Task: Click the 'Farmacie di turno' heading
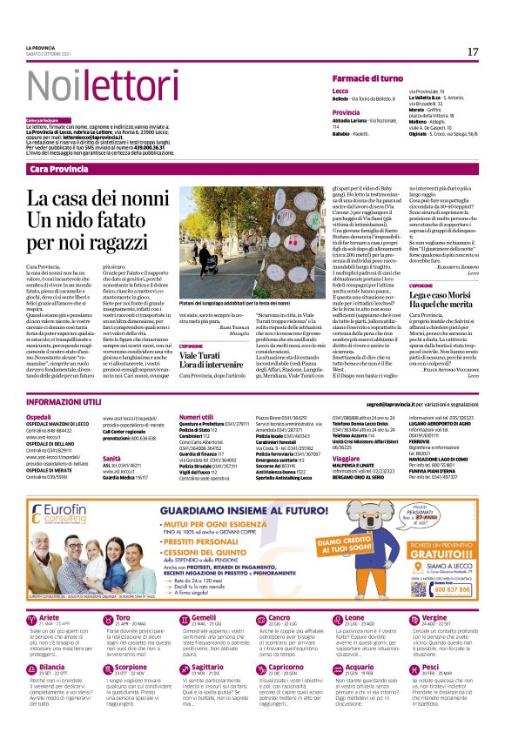[369, 79]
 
